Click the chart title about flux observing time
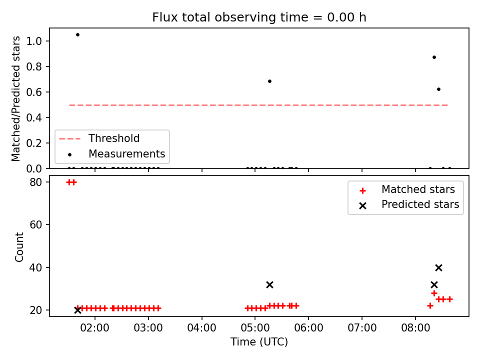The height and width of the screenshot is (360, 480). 259,17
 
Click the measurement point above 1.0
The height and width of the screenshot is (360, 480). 78,35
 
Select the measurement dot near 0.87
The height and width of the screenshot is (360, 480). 434,57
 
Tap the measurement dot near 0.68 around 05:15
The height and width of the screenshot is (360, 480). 269,81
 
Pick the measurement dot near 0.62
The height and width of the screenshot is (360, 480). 438,89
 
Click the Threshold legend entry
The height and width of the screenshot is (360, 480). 99,138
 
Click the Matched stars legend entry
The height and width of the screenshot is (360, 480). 407,189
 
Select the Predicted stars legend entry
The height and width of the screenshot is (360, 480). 409,204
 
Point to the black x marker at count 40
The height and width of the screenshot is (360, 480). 438,268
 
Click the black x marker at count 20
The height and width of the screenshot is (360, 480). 78,310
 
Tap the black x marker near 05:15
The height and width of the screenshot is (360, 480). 269,284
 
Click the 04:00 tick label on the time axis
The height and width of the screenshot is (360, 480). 201,328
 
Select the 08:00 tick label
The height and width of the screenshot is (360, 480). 415,328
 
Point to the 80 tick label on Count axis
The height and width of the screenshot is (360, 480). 36,182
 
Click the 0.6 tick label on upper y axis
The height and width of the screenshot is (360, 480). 34,92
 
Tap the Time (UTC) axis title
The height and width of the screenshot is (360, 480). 259,341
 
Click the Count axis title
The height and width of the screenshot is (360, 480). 19,246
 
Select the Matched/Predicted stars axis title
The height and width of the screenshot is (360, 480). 16,98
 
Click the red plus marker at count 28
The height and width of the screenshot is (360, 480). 434,293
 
